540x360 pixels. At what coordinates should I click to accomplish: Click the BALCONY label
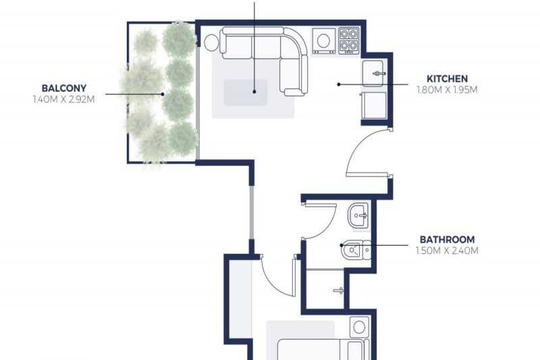coord(63,88)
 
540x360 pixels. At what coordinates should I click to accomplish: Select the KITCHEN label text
coord(447,78)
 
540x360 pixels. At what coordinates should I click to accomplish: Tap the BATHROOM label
coord(447,239)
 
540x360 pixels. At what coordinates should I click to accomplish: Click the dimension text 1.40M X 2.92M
coord(63,99)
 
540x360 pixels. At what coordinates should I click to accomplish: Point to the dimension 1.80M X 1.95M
coord(447,90)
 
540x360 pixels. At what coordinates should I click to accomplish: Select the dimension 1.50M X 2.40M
coord(447,251)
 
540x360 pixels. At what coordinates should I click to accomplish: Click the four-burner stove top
coord(349,41)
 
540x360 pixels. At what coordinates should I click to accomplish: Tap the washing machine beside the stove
coord(324,41)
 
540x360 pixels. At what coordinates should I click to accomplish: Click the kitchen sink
coord(373,74)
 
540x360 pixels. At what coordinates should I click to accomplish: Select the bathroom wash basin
coord(358,216)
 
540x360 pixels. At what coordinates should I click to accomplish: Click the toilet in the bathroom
coord(356,250)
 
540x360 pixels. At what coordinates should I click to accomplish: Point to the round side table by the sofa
coord(211,43)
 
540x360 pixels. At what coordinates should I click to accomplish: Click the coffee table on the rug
coord(246,93)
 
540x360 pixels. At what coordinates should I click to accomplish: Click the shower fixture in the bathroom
coord(339,290)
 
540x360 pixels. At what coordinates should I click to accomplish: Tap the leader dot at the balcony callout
coord(163,94)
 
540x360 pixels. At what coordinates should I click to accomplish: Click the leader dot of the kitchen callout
coord(339,84)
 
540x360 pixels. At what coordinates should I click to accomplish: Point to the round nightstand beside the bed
coord(359,327)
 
